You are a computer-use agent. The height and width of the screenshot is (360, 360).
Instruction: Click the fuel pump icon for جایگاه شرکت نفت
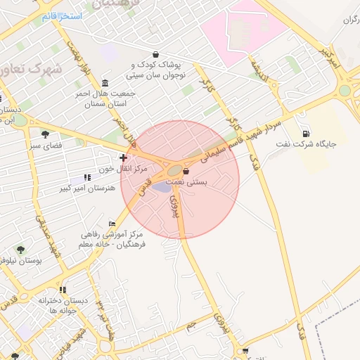(306, 134)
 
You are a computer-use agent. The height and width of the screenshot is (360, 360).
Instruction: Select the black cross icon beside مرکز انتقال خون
(124, 157)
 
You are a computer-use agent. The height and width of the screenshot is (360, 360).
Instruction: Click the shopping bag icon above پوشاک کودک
(155, 55)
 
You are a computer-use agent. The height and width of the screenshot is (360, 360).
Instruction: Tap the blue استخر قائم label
(61, 15)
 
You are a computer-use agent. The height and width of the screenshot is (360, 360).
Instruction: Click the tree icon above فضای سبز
(46, 134)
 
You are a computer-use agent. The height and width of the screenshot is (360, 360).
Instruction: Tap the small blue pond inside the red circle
(162, 186)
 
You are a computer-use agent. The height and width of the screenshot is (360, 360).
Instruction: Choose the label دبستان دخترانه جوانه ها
(63, 305)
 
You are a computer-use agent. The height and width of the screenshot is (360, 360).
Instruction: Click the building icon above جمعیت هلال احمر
(105, 82)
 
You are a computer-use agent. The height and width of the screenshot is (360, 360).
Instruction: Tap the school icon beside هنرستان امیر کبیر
(87, 178)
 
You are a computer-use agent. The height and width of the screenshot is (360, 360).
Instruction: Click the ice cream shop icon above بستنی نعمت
(186, 171)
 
